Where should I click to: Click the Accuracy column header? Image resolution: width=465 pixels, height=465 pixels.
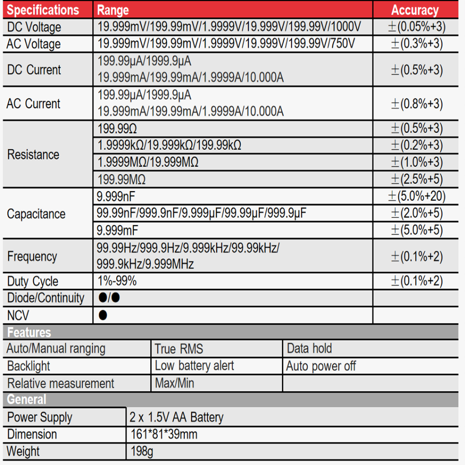(415, 10)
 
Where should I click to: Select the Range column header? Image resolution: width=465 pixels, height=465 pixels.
(113, 10)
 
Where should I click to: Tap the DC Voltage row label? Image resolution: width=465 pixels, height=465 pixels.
(34, 27)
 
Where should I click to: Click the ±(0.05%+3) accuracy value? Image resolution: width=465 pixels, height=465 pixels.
(416, 27)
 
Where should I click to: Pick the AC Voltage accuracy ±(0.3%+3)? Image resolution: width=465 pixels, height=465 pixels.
(416, 44)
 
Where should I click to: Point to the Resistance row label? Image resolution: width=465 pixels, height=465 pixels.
(33, 154)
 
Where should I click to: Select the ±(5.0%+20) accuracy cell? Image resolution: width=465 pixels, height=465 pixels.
(416, 197)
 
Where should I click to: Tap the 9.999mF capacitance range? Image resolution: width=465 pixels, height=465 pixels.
(117, 230)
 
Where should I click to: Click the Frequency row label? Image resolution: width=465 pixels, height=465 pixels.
(32, 257)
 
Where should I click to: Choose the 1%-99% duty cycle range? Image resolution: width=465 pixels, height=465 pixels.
(117, 281)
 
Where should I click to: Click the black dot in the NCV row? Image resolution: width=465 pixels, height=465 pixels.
(103, 315)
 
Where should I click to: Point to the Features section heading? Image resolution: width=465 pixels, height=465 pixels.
(29, 332)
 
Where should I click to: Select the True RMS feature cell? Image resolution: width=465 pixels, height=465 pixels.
(179, 349)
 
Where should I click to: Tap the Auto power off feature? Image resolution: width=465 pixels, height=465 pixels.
(321, 366)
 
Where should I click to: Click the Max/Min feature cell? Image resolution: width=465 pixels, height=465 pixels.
(174, 383)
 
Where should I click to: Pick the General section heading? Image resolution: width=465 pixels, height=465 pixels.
(26, 400)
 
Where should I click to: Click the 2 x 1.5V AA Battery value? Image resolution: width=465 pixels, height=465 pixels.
(177, 417)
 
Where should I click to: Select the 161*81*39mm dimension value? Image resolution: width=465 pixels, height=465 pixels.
(163, 435)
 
